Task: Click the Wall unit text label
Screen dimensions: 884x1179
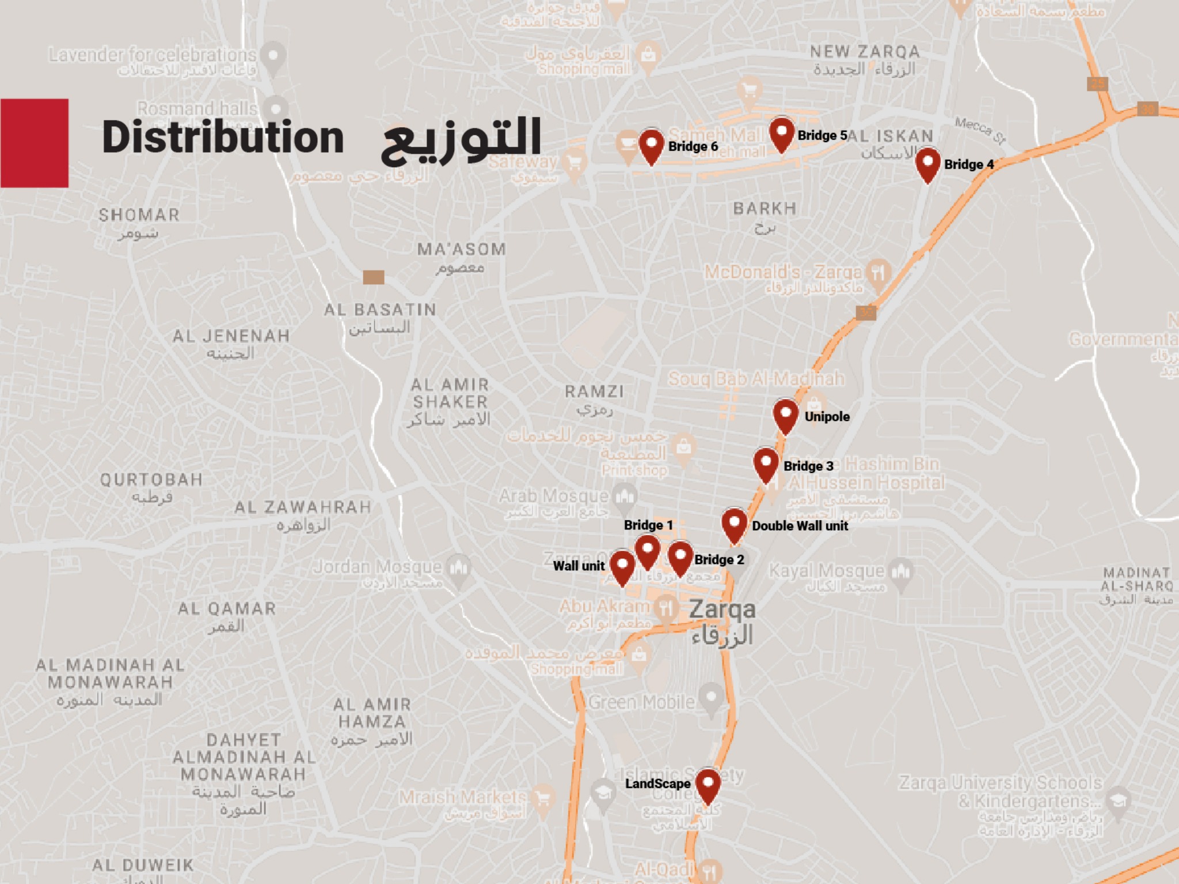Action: coord(579,566)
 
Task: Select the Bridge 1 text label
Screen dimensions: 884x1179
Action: coord(648,525)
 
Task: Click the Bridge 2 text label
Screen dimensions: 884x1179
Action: coord(719,559)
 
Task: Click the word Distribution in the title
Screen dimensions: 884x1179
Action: coord(223,138)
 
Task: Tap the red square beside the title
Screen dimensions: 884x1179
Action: coord(35,143)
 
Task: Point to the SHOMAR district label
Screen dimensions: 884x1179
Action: coord(139,215)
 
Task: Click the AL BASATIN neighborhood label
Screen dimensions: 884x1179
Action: coord(380,310)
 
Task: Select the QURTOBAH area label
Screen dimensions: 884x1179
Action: coord(151,480)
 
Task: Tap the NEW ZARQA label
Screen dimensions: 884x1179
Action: coord(865,52)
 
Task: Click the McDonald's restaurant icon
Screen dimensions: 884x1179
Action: coord(878,272)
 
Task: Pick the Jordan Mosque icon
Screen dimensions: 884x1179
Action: coord(459,567)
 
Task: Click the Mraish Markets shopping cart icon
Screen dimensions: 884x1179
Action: coord(542,798)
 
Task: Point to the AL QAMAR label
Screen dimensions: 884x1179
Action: coord(227,609)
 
